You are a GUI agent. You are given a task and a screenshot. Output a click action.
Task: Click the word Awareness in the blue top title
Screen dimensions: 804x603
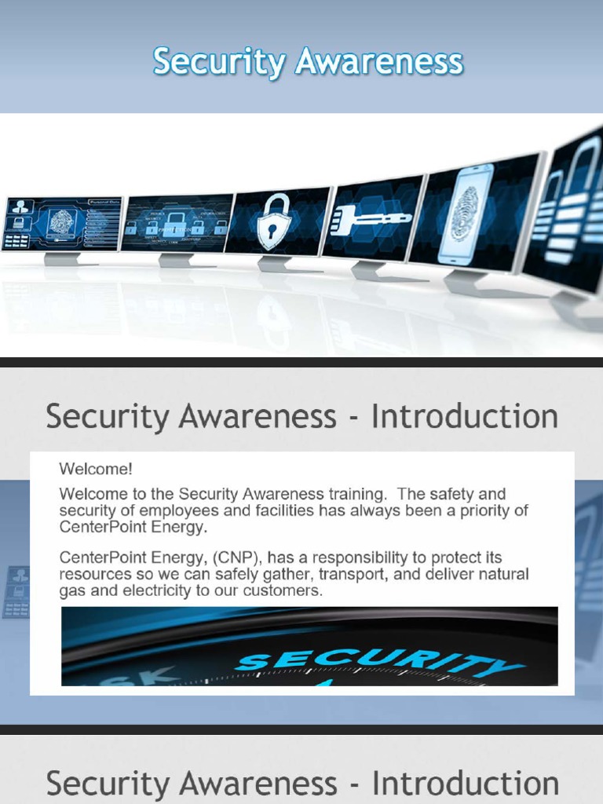379,62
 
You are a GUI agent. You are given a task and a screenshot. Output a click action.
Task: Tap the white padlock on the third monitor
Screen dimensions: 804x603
275,223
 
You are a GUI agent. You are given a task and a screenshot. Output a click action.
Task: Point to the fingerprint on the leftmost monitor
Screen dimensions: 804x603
61,222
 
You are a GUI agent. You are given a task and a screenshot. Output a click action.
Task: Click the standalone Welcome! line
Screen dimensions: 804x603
96,470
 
